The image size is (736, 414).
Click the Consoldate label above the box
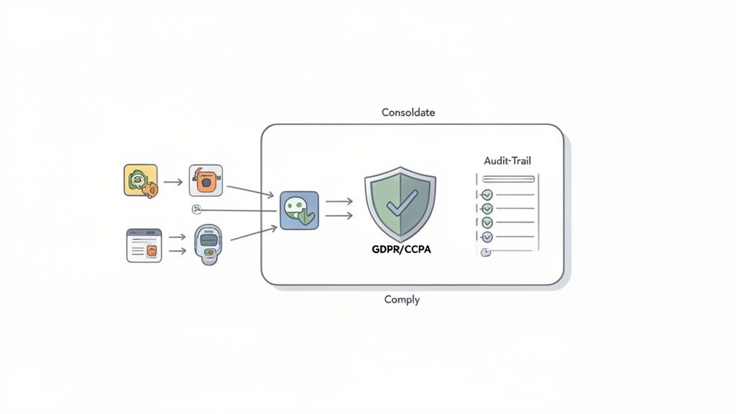408,113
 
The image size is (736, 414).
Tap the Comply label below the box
402,299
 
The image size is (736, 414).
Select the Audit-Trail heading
508,162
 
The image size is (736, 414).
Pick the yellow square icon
140,181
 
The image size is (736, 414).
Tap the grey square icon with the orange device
206,181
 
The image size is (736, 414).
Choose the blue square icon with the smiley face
298,211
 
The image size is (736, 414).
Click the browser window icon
144,245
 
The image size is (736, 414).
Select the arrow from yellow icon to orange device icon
172,182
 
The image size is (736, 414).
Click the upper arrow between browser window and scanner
177,236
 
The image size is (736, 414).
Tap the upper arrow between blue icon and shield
339,202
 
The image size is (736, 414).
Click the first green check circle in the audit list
487,195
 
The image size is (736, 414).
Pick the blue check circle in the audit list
487,236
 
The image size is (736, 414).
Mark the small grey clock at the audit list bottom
485,252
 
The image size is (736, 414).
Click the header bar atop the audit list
508,179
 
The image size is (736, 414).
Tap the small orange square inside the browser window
152,250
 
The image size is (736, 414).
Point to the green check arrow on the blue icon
306,218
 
